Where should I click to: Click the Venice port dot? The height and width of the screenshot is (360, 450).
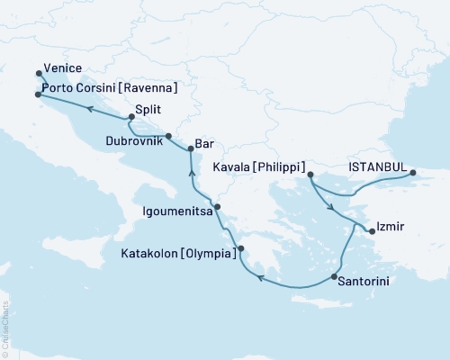click(x=38, y=74)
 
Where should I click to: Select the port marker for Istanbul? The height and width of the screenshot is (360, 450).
click(x=412, y=173)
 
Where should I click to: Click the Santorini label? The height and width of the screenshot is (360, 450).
click(x=365, y=282)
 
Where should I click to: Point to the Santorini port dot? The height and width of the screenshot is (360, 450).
click(x=335, y=276)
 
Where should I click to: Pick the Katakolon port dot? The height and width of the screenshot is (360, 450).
click(x=240, y=251)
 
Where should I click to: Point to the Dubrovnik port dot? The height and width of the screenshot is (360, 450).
click(x=168, y=135)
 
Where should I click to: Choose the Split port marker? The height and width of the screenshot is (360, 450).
click(x=131, y=117)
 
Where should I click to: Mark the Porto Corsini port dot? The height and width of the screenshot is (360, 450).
click(x=38, y=93)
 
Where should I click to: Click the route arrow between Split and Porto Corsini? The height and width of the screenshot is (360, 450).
click(x=90, y=107)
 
